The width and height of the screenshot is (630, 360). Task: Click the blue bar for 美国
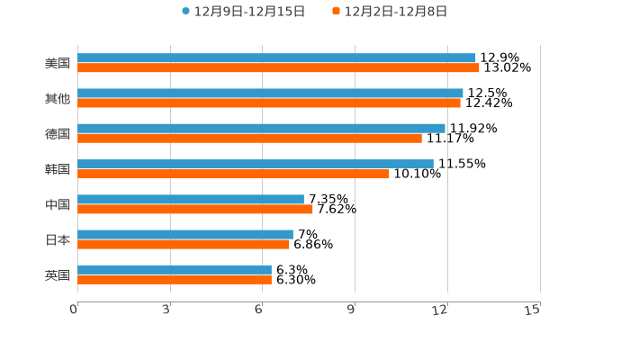[276, 58]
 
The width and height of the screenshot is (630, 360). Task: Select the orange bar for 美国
[278, 68]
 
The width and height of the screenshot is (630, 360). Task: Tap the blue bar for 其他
[270, 93]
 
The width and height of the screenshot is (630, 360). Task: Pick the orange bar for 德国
[249, 138]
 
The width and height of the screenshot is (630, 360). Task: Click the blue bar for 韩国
[256, 164]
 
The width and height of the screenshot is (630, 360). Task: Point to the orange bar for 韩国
[233, 174]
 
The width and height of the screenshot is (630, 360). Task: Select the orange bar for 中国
[195, 209]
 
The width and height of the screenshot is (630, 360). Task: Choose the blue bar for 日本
[185, 234]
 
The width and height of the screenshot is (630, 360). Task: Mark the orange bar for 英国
[175, 280]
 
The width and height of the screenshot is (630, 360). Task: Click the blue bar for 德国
[261, 128]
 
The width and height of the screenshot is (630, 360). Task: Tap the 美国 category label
[58, 64]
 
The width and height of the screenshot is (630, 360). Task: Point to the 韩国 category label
[58, 169]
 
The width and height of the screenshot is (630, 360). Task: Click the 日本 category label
[58, 239]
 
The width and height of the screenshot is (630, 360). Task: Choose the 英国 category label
[58, 274]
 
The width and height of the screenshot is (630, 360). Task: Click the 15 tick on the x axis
[533, 310]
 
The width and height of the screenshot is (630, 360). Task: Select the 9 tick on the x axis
[352, 310]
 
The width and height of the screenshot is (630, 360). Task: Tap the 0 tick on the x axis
[74, 310]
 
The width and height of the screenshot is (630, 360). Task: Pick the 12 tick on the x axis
[440, 310]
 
